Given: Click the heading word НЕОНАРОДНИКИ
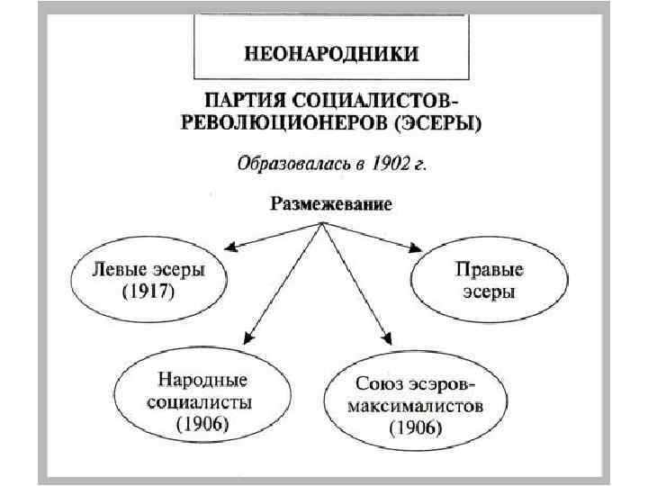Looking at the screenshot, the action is pyautogui.click(x=331, y=53).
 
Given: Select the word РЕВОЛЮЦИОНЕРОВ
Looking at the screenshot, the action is pyautogui.click(x=288, y=124).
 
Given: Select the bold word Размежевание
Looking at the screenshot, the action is pyautogui.click(x=330, y=204).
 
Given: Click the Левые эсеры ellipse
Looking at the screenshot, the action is pyautogui.click(x=149, y=281).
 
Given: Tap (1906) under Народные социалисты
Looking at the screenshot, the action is pyautogui.click(x=202, y=421).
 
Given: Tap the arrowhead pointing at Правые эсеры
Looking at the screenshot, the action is pyautogui.click(x=416, y=247).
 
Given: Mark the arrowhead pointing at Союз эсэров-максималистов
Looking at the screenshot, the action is pyautogui.click(x=388, y=339).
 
